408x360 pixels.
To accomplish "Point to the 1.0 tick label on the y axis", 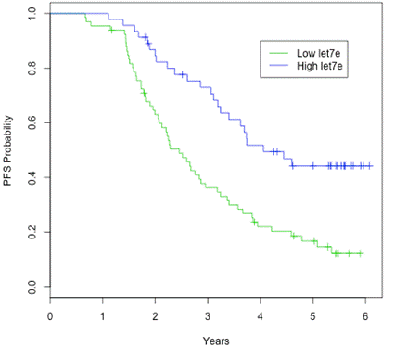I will pyautogui.click(x=32, y=14).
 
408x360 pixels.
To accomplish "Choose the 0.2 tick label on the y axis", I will pyautogui.click(x=32, y=231).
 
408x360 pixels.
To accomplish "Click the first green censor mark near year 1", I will pyautogui.click(x=111, y=30).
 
